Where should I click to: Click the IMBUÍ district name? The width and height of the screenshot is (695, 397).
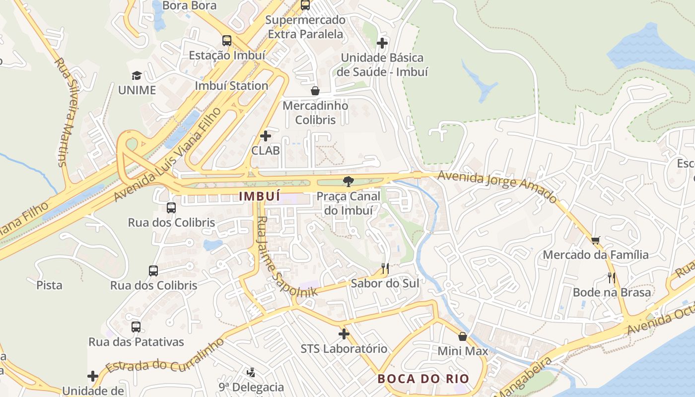coord(259,196)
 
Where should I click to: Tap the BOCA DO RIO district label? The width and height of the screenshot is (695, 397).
coord(423,379)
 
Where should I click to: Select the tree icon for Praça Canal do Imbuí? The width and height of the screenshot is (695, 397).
coord(348,181)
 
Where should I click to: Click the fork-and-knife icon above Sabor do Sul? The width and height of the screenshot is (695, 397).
coord(385,268)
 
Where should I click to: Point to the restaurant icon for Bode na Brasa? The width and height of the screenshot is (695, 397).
coord(612,278)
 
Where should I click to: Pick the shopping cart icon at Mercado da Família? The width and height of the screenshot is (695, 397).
coord(596,240)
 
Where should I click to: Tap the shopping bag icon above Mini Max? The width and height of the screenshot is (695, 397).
coord(463,336)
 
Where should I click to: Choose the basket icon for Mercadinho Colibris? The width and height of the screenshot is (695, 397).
coord(315,91)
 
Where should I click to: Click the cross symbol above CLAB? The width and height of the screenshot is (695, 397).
coord(266,135)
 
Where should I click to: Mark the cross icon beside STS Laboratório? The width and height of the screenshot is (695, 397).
coord(344,333)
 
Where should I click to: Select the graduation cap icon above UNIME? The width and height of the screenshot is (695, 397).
coord(137,75)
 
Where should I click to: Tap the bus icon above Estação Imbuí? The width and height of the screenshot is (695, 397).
coord(227,41)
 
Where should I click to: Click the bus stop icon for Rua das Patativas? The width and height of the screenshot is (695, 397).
coord(136,327)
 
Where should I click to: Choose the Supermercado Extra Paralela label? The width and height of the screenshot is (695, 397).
coord(305,27)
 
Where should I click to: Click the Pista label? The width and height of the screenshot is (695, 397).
coord(50,285)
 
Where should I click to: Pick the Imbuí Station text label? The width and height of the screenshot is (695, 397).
coord(231,85)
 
